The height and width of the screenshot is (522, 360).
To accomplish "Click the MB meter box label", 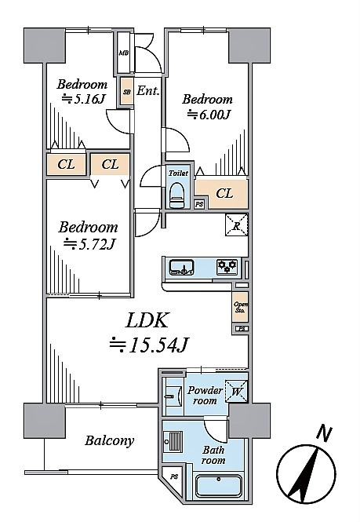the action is pos(124,53).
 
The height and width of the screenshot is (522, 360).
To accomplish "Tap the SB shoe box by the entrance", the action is pos(127,92).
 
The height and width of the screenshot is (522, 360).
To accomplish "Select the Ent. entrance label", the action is pos(148,90).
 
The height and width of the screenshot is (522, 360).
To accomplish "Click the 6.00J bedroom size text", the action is pos(209,114).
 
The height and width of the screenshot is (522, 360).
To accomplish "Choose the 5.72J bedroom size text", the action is pos(89,244).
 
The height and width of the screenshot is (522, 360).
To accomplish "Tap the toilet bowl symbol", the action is pos(176,195).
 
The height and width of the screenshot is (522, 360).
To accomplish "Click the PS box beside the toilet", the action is pos(199,204).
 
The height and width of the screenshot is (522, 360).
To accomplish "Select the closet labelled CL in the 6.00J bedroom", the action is pos(222,193).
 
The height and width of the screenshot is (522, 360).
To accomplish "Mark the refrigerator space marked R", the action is pos(237,225).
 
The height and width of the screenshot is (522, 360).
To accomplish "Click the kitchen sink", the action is pos(181,268).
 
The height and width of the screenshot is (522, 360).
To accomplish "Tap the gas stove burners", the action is pos(227,267).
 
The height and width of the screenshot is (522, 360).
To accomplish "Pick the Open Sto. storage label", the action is pos(240,307).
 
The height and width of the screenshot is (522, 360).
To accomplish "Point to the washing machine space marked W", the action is pos(237,391).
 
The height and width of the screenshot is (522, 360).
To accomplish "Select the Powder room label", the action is pos(205,395).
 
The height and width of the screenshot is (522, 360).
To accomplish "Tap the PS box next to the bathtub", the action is pos(173,477).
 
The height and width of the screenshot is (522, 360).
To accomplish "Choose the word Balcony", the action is pos(109,441).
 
